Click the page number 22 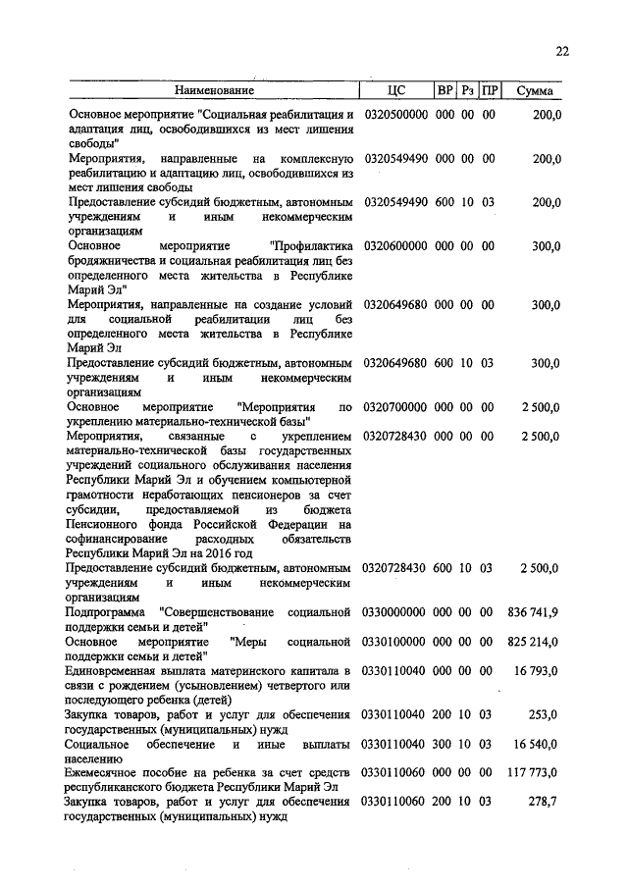click(561, 52)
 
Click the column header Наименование click(215, 91)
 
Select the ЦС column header click(396, 91)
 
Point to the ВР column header click(445, 91)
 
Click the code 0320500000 click(395, 115)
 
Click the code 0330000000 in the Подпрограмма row click(395, 612)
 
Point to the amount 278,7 click(544, 803)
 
